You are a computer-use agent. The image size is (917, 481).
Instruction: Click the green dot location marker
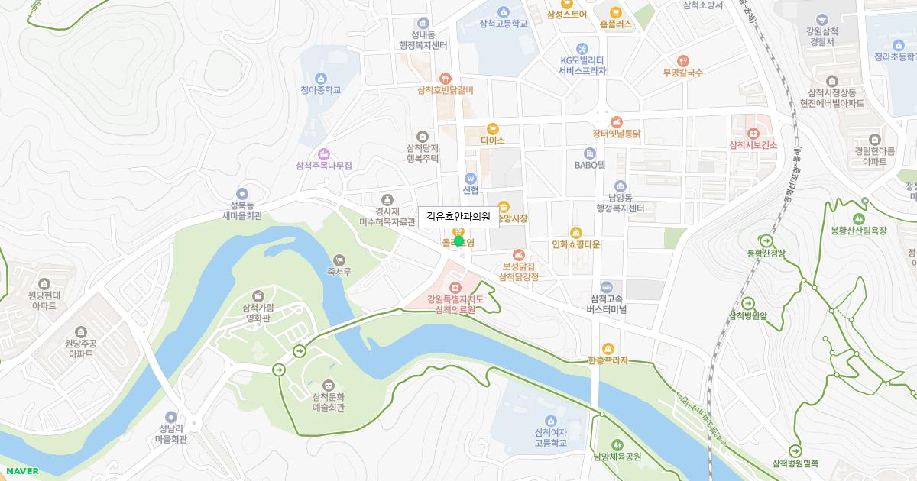(458, 241)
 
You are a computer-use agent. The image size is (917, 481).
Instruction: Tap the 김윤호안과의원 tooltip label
(458, 217)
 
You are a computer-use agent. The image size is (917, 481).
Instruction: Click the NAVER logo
(22, 471)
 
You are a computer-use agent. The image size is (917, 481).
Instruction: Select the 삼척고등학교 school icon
(504, 11)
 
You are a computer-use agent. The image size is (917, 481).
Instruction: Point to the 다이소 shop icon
(493, 128)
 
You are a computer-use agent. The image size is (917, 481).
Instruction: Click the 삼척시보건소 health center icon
(753, 133)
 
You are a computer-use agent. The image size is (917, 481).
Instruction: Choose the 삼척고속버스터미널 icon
(607, 286)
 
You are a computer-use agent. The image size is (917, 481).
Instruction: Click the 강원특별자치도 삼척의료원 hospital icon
(455, 287)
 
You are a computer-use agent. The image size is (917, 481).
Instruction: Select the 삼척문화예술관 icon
(329, 385)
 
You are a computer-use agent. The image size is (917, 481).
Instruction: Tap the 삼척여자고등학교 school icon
(551, 421)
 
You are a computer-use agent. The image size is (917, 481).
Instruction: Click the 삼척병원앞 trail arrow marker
(747, 303)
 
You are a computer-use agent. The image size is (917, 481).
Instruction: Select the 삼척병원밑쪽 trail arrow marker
(795, 450)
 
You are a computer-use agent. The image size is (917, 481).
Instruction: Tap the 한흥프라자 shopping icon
(608, 349)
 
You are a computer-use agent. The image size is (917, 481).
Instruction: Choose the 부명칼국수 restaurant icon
(682, 60)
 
